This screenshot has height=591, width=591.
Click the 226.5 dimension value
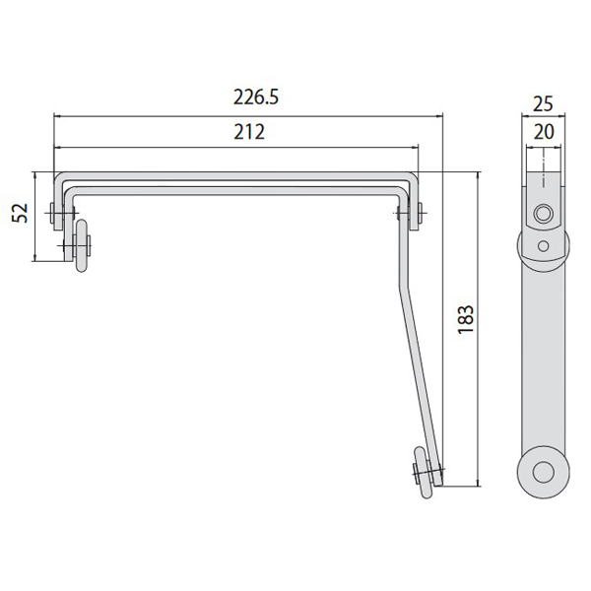(256, 98)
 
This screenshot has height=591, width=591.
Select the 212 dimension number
(249, 132)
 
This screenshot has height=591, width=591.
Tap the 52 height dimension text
(20, 213)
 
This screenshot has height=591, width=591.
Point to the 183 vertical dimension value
(466, 319)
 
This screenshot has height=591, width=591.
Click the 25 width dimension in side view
(543, 104)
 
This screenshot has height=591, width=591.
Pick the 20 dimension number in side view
(544, 132)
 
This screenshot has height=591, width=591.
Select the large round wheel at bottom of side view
(543, 472)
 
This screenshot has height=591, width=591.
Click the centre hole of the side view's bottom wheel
(543, 472)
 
